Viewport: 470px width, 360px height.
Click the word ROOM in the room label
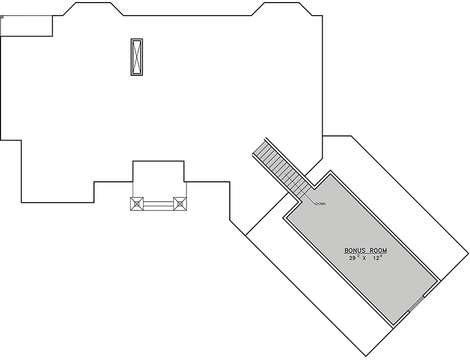(378, 250)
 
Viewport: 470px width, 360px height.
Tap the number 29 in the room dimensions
(352, 258)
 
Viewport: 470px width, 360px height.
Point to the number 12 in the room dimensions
(375, 258)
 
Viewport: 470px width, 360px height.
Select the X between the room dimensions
(365, 258)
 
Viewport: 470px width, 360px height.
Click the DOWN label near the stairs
(321, 204)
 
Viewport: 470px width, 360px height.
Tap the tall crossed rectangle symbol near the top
(137, 57)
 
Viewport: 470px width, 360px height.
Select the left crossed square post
(137, 204)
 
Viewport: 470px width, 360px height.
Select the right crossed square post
(180, 204)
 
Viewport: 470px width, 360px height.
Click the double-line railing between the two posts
(158, 204)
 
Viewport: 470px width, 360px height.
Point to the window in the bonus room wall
(416, 304)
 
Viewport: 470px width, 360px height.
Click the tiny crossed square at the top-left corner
(2, 17)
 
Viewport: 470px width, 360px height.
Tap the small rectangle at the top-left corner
(27, 26)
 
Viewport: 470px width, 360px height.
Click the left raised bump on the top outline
(93, 9)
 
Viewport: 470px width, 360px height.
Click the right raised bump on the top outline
(282, 9)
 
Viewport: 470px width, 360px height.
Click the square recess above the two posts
(158, 171)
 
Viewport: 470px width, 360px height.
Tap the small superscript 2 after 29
(358, 256)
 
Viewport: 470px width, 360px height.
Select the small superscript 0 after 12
(381, 256)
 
